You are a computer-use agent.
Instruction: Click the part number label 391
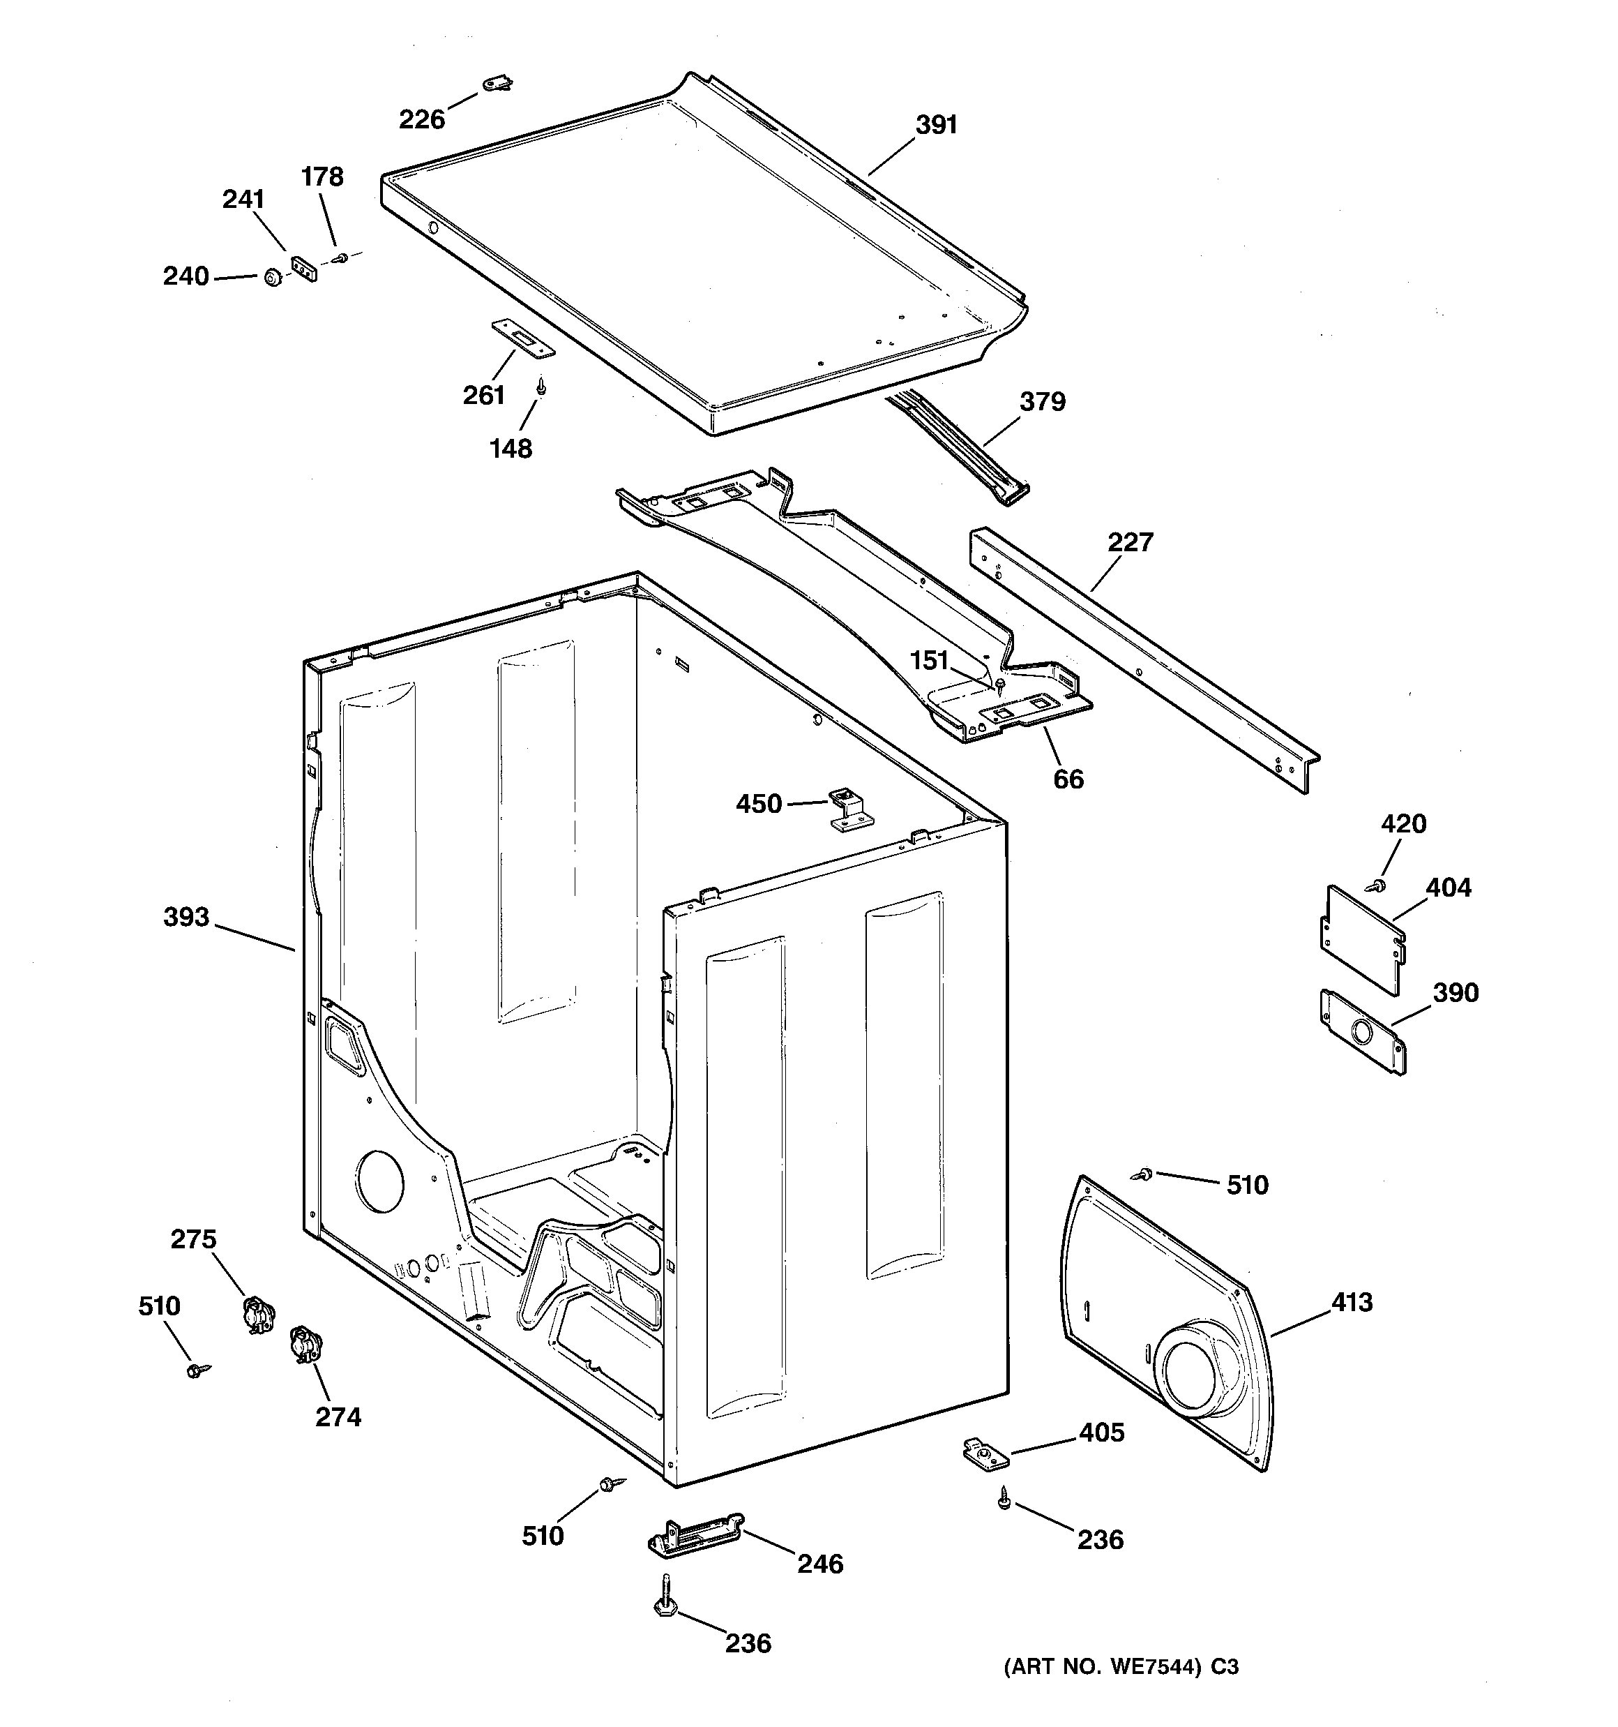coord(936,125)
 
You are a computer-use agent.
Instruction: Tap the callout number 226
coord(422,119)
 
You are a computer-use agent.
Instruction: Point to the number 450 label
coord(759,804)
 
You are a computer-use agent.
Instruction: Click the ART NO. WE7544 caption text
coord(1120,1667)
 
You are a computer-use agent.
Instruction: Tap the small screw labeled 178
coord(342,257)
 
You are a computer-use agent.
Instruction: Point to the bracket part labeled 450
coord(847,809)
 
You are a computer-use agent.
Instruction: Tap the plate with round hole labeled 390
coord(1362,1032)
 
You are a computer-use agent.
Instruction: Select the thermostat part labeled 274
coord(304,1345)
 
